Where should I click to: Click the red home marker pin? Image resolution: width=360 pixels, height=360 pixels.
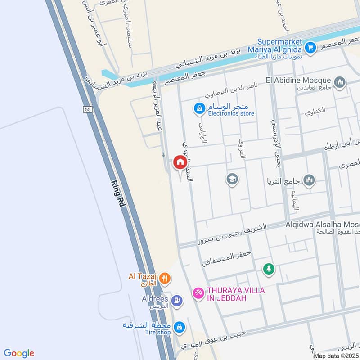180,162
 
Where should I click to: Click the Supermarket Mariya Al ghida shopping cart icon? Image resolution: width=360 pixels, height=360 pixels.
310,47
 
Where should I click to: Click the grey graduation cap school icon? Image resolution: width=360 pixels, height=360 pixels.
233,180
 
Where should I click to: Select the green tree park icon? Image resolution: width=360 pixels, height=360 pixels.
269,269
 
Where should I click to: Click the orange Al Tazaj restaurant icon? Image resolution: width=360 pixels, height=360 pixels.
165,278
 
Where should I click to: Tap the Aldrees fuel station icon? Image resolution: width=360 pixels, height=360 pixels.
177,300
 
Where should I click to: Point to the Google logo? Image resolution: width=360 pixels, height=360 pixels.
19,353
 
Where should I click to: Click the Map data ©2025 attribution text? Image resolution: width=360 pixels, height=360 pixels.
337,356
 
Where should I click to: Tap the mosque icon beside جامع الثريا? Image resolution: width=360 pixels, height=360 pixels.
309,181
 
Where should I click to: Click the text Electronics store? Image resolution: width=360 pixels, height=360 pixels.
231,113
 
